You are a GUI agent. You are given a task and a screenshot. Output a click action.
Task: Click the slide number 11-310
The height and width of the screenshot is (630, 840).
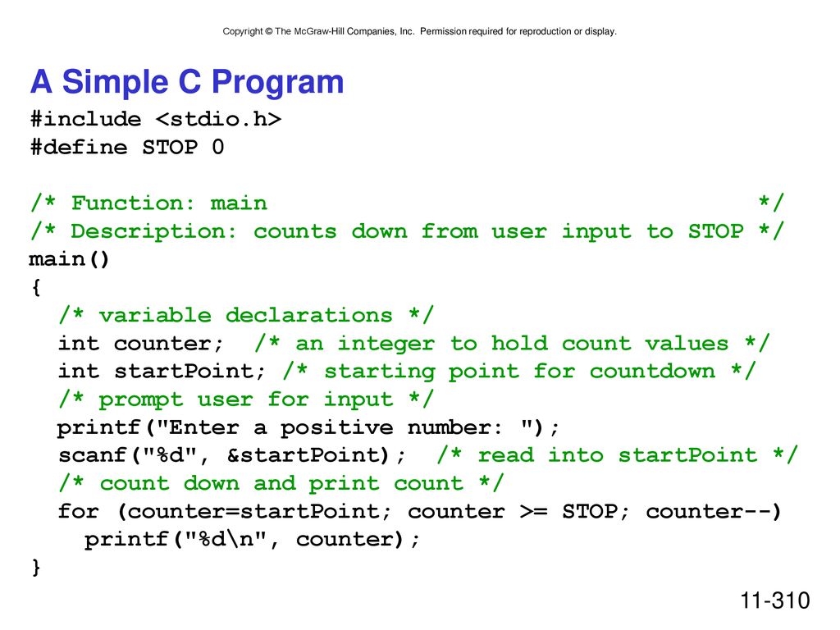click(x=774, y=600)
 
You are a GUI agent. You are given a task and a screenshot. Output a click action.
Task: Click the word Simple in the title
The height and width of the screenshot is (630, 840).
click(x=115, y=82)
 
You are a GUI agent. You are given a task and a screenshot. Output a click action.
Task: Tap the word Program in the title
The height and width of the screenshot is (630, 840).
click(x=277, y=83)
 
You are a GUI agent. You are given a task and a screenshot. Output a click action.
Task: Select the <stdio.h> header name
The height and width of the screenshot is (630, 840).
click(x=218, y=119)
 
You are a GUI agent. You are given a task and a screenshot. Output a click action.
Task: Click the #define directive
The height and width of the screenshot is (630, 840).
click(x=80, y=147)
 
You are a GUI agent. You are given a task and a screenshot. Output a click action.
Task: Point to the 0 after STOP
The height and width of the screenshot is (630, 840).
click(x=217, y=147)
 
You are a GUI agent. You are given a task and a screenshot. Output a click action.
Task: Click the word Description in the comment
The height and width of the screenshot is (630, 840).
click(x=153, y=231)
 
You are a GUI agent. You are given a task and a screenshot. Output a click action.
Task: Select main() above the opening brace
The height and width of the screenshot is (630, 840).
click(x=69, y=259)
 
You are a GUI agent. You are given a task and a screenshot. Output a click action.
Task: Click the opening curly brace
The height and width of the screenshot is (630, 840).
click(x=36, y=287)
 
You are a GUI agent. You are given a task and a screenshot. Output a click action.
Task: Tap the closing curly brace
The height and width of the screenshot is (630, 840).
click(x=36, y=567)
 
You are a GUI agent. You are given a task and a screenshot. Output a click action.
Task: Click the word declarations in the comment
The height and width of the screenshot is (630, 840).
click(x=308, y=315)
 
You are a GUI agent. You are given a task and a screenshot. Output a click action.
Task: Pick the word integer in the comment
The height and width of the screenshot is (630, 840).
click(x=386, y=344)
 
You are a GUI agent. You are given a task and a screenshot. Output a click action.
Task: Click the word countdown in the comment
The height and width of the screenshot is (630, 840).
click(x=652, y=371)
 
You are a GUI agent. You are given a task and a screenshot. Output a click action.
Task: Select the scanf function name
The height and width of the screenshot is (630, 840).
click(x=92, y=454)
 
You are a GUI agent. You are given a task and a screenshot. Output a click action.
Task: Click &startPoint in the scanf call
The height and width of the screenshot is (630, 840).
click(x=308, y=454)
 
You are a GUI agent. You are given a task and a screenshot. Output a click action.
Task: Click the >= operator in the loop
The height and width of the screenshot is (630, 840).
click(x=533, y=511)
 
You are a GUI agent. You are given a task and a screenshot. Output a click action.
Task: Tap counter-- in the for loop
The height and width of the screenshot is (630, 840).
click(x=708, y=511)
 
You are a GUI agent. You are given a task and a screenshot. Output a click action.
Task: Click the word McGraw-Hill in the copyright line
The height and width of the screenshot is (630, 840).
click(x=319, y=32)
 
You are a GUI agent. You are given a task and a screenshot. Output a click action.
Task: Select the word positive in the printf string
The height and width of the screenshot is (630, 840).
click(x=336, y=428)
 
